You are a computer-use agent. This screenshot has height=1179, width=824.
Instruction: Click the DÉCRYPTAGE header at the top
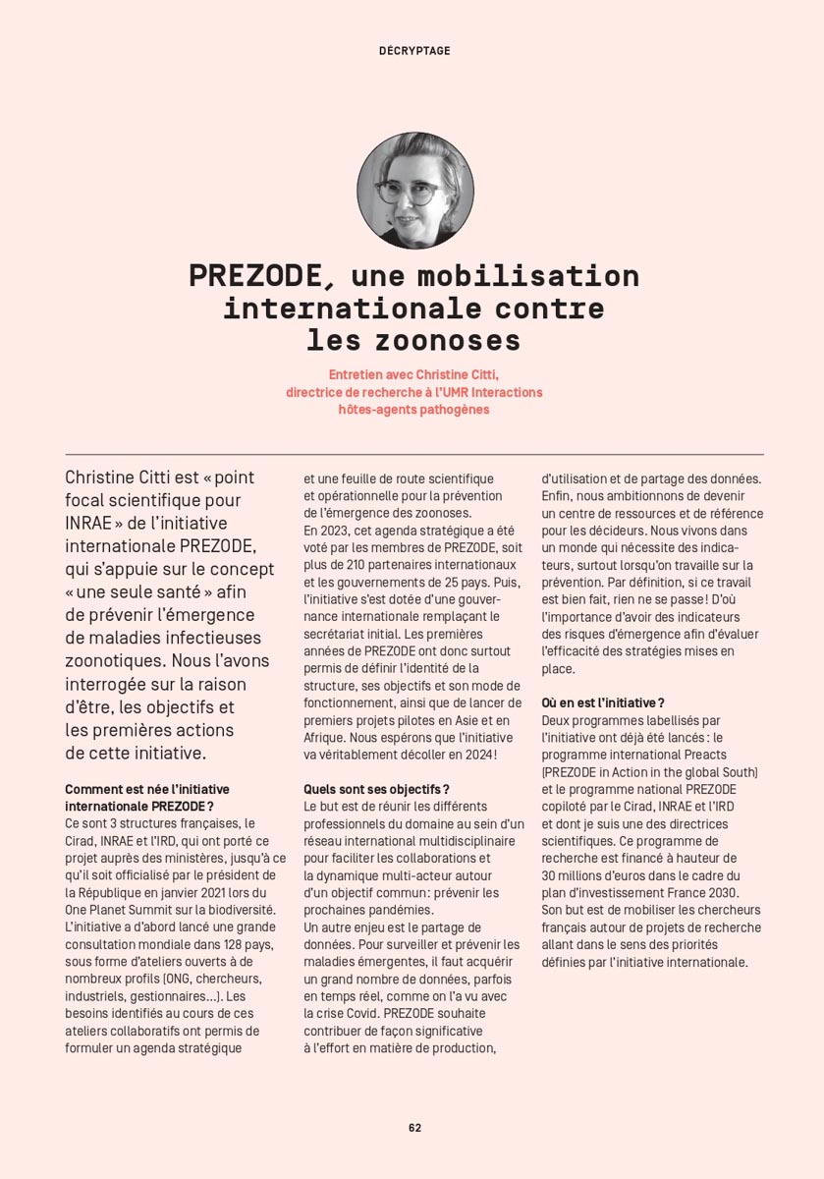pyautogui.click(x=414, y=51)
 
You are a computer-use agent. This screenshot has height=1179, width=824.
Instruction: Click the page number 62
pyautogui.click(x=414, y=1127)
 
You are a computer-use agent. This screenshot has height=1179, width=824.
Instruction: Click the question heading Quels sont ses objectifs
pyautogui.click(x=376, y=790)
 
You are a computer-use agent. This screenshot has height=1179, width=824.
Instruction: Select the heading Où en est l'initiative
pyautogui.click(x=602, y=702)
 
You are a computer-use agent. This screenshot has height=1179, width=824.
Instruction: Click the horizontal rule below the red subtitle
pyautogui.click(x=414, y=454)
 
